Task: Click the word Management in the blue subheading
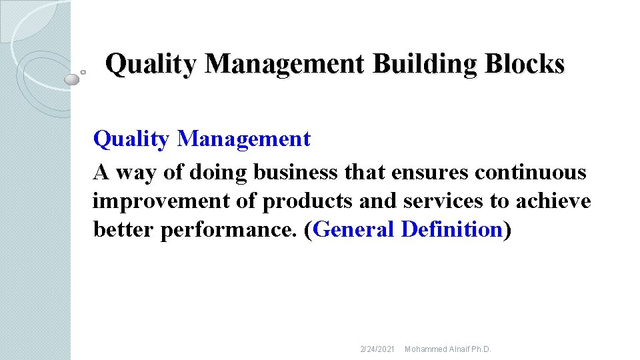244,139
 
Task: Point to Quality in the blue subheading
132,139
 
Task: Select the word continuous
531,173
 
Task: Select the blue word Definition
452,229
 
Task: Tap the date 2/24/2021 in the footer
377,349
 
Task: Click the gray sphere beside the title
71,79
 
